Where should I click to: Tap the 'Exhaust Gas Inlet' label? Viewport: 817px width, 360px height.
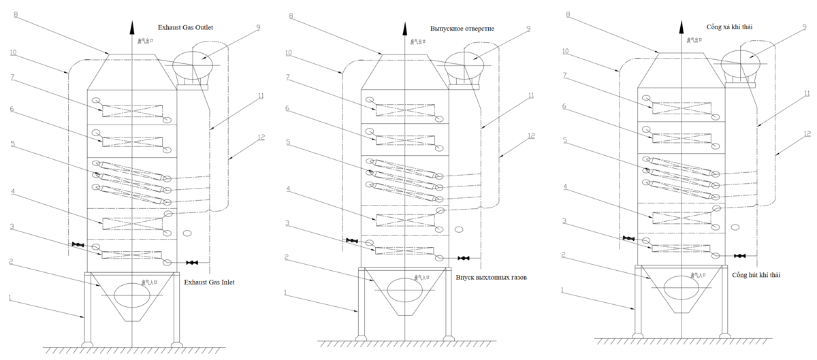[210, 282]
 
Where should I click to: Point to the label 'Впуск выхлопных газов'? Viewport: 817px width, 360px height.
[491, 278]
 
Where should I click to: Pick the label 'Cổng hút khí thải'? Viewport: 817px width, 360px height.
[756, 275]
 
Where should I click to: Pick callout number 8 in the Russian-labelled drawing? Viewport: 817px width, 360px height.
[291, 14]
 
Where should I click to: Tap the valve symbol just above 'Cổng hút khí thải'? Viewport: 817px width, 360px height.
[739, 256]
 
